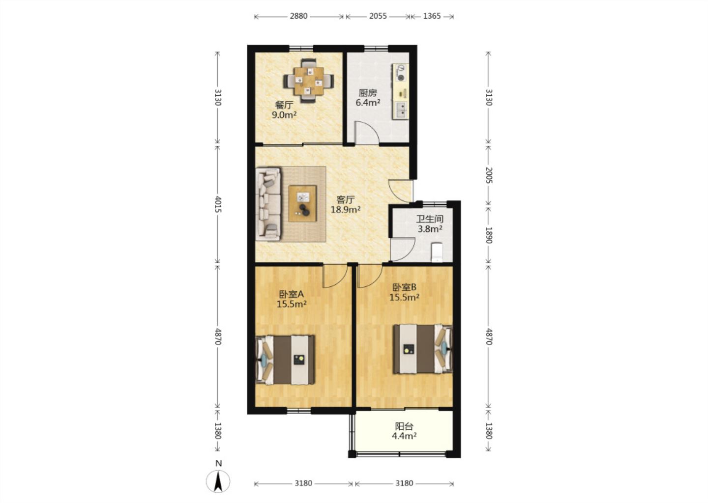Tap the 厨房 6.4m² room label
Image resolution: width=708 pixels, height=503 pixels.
(368, 98)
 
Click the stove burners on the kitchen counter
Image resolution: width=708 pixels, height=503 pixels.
(401, 73)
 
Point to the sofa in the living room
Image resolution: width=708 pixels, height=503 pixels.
(268, 204)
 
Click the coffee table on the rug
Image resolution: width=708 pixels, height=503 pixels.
(302, 204)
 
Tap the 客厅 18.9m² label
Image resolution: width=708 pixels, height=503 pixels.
(346, 204)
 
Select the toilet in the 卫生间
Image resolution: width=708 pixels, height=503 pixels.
(437, 252)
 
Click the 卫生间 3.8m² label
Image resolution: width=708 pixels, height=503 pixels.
(430, 224)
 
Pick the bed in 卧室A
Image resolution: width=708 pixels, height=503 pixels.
(285, 360)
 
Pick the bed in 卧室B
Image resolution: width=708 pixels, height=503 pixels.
(423, 349)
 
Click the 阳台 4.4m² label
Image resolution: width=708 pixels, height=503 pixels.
(404, 431)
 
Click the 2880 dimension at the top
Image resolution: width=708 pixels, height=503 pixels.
(299, 16)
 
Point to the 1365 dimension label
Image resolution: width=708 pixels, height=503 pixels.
(432, 16)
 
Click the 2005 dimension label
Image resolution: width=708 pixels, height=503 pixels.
(489, 175)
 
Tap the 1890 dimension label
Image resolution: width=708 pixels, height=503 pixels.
(489, 235)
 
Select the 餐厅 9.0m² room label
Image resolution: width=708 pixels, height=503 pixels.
(284, 110)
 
